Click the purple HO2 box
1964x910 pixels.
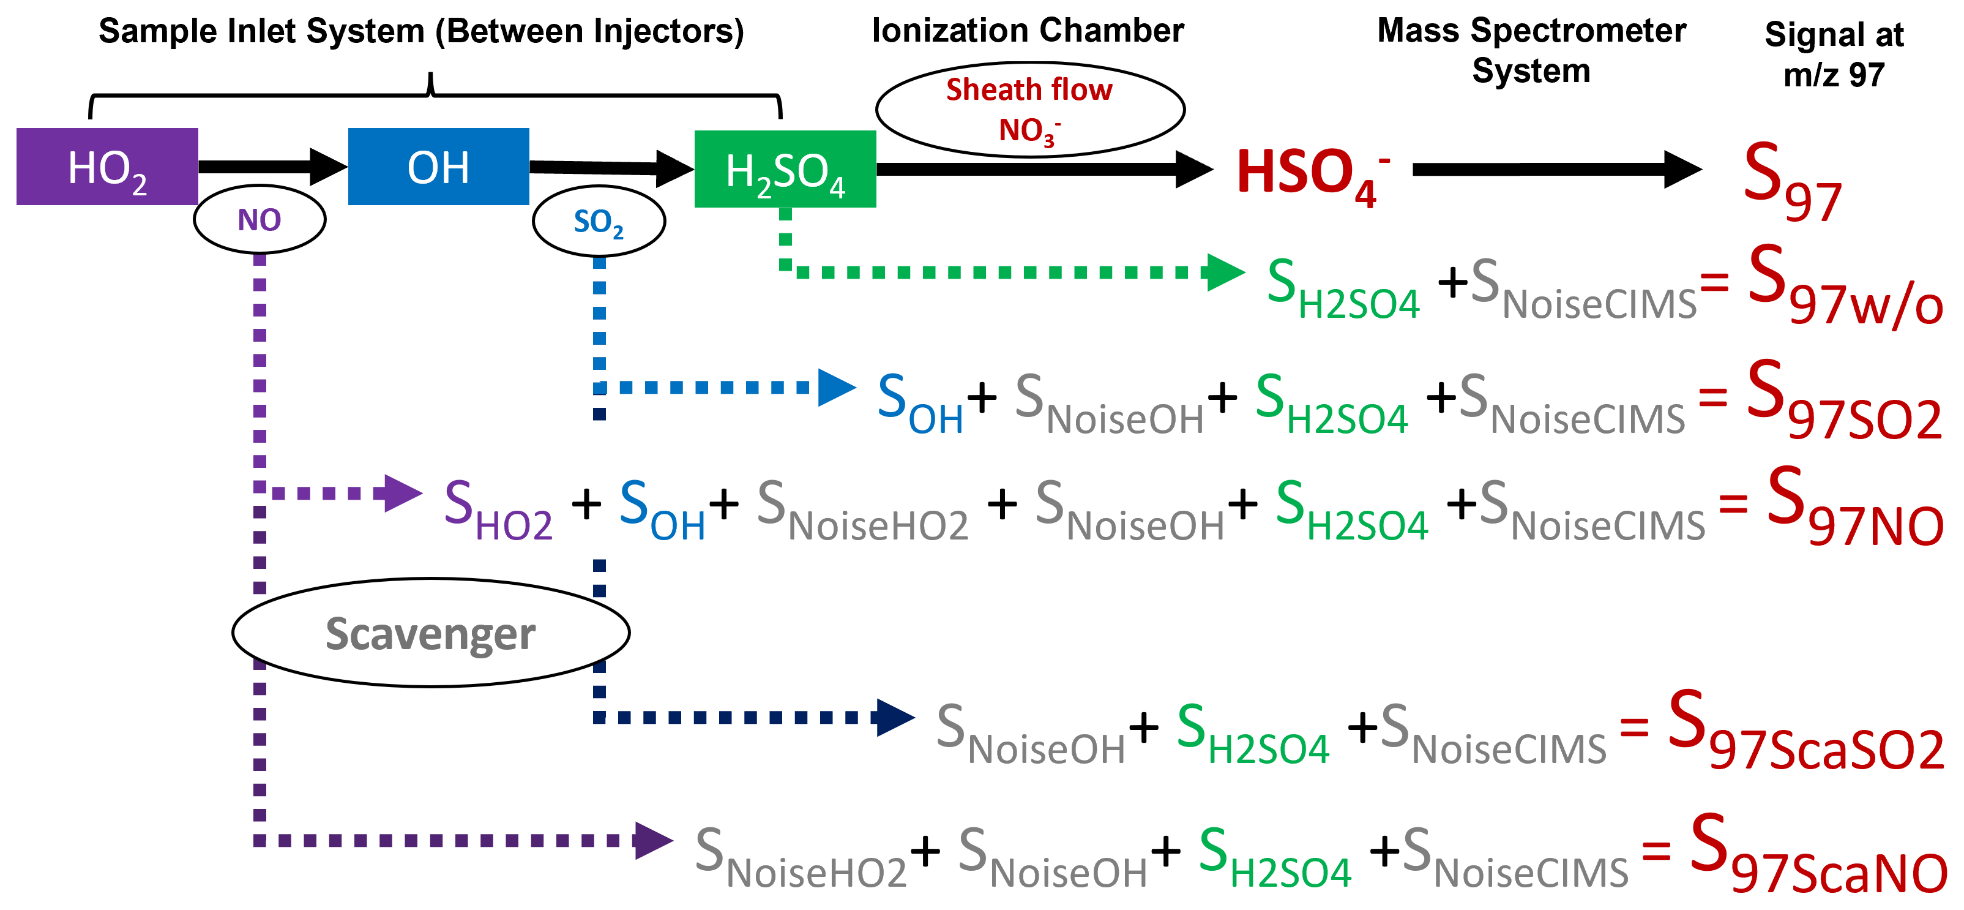pyautogui.click(x=106, y=167)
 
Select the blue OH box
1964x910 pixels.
pyautogui.click(x=438, y=167)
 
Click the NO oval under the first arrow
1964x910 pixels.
pyautogui.click(x=260, y=220)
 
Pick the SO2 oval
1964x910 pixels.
pyautogui.click(x=599, y=221)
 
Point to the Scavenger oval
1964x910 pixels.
pyautogui.click(x=431, y=633)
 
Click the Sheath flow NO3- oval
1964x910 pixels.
pyautogui.click(x=1030, y=109)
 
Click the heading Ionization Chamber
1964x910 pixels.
pyautogui.click(x=1028, y=31)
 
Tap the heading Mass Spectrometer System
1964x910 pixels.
pyautogui.click(x=1531, y=50)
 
